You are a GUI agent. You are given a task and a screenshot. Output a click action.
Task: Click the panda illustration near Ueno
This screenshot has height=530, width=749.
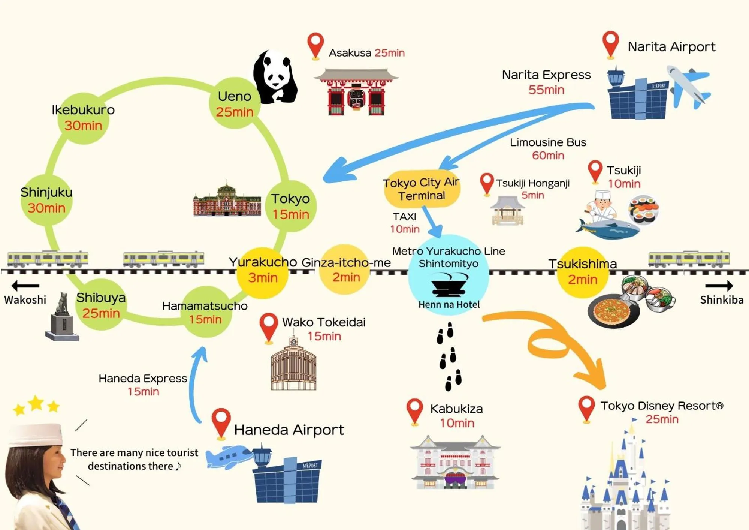275,77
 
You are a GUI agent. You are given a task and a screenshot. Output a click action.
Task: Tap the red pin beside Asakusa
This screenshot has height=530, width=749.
315,45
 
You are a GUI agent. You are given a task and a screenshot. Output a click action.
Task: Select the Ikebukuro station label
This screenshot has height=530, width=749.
83,110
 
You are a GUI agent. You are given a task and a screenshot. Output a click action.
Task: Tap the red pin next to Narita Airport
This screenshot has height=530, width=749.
610,43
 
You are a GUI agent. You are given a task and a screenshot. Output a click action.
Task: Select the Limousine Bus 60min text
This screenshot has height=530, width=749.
548,148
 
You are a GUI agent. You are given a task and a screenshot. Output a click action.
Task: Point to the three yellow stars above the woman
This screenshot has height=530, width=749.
36,405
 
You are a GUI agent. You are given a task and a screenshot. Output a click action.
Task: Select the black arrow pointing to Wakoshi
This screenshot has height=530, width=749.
25,286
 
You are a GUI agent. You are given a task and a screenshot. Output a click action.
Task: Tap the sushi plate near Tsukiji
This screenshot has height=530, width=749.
643,209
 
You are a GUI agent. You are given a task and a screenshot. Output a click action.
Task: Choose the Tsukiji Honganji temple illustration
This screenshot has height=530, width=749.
507,211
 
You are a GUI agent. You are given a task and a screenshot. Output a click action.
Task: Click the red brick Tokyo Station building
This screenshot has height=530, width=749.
227,201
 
